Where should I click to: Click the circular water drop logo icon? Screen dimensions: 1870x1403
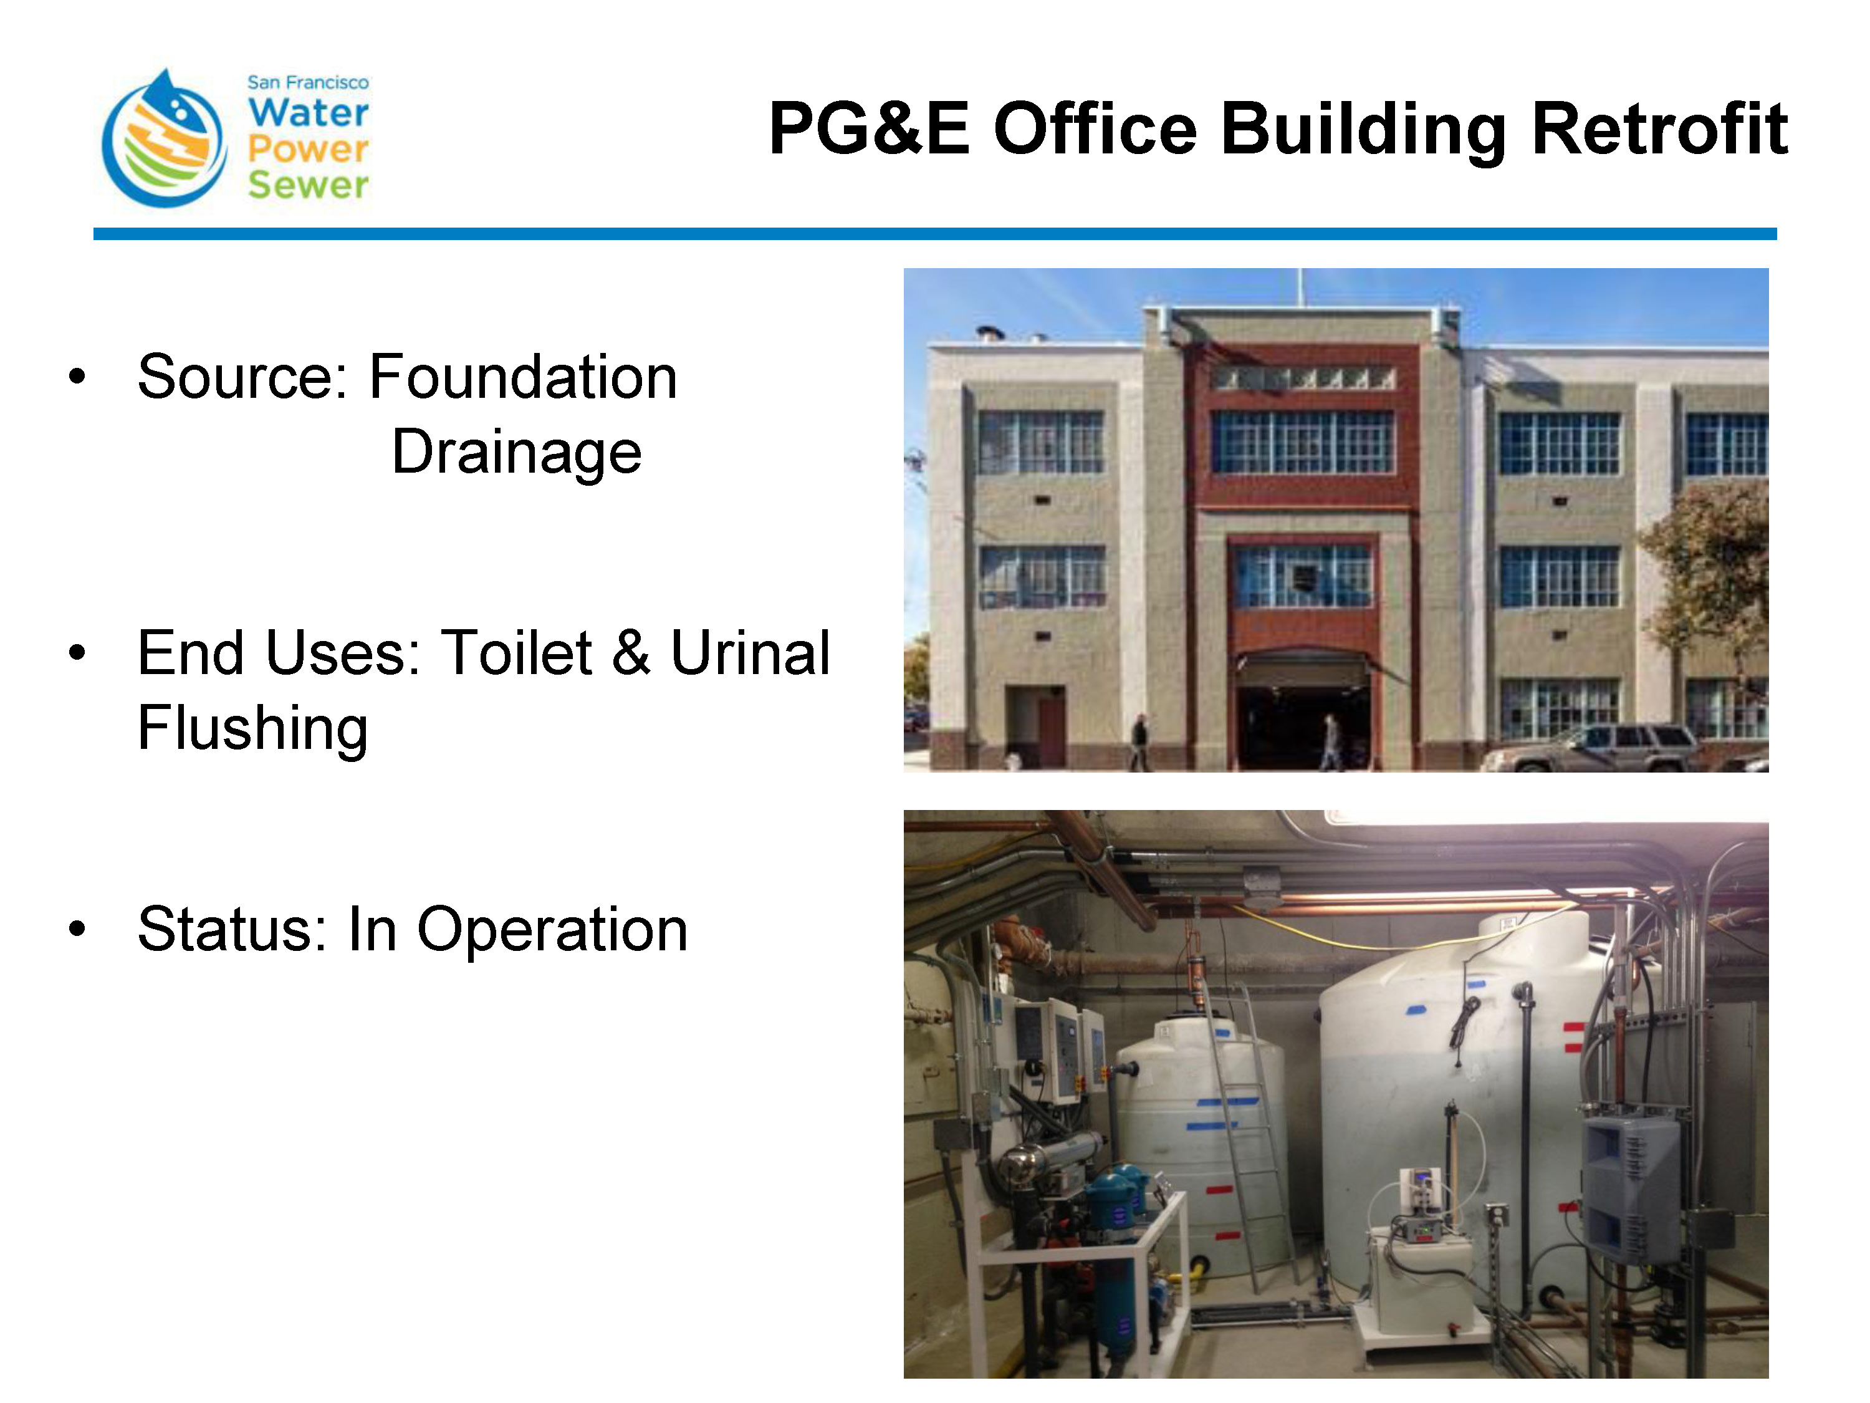click(x=164, y=138)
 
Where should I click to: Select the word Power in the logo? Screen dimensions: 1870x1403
click(x=309, y=149)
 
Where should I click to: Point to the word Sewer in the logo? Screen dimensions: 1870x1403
click(x=309, y=185)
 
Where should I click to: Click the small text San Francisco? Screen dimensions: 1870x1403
click(x=308, y=82)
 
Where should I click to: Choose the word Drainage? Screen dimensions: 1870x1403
click(x=517, y=453)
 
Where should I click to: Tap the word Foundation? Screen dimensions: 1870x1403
click(x=524, y=377)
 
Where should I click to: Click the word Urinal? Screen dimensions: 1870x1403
click(x=750, y=653)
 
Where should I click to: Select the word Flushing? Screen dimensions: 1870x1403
click(x=253, y=729)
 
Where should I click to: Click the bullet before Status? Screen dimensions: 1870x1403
click(x=77, y=928)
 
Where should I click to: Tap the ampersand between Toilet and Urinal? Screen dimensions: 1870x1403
click(x=631, y=653)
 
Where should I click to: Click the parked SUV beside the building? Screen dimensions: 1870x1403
click(x=1589, y=747)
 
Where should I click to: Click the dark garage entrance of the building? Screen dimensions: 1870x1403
click(x=1302, y=723)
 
